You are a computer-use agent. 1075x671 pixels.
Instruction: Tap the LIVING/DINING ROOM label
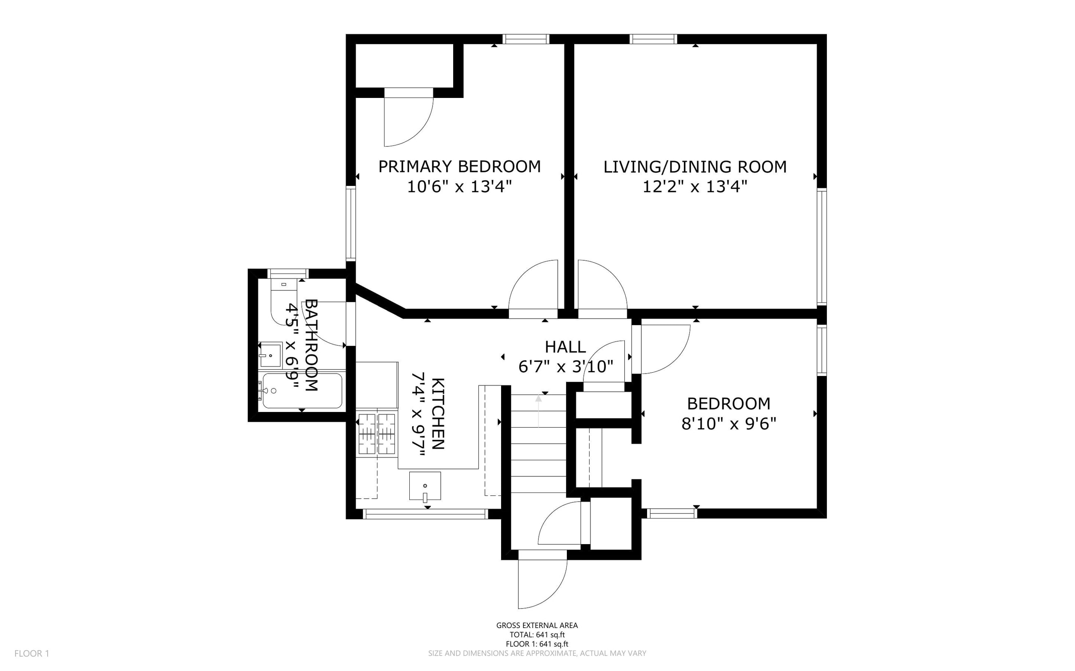tap(695, 167)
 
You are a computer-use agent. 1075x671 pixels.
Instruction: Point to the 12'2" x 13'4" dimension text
tap(695, 187)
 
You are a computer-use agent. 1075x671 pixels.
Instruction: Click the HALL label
tap(565, 347)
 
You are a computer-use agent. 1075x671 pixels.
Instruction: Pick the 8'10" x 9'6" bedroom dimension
tap(729, 424)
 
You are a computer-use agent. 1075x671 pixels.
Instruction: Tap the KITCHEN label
tap(438, 414)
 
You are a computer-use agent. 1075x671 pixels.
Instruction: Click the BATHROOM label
tap(311, 345)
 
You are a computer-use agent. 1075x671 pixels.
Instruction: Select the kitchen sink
tap(425, 487)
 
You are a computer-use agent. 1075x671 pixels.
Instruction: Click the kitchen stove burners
tap(377, 433)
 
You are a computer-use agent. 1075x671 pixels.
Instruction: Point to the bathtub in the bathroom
tap(302, 390)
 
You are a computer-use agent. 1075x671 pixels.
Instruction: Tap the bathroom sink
tap(270, 354)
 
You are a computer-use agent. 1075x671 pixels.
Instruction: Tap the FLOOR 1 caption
tap(32, 653)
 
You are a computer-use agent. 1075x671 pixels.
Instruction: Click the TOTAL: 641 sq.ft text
tap(537, 635)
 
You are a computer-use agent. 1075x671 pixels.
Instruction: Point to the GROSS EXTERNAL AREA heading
tap(537, 625)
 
